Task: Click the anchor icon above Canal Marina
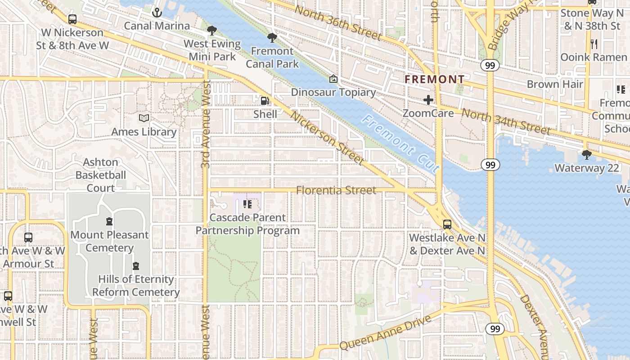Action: (x=157, y=12)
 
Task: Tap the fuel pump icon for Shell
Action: (x=265, y=101)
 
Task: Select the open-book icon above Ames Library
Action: (x=144, y=118)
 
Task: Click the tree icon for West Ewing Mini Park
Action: (x=212, y=31)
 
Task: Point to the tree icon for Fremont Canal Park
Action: (x=272, y=38)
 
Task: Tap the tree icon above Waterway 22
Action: (x=586, y=155)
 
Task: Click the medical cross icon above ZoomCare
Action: (x=428, y=100)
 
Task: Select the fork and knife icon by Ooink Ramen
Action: (x=594, y=44)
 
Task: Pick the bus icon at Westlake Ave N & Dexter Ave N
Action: (x=447, y=224)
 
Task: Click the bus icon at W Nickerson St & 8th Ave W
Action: (x=72, y=19)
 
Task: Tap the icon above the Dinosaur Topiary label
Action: (x=333, y=79)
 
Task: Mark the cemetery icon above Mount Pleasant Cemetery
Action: (x=109, y=221)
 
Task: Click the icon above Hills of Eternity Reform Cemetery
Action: (x=135, y=266)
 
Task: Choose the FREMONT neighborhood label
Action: (x=434, y=80)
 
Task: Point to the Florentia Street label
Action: (x=336, y=190)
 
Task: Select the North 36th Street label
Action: (x=337, y=22)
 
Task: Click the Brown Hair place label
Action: (x=554, y=84)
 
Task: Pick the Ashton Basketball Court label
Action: (x=100, y=175)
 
